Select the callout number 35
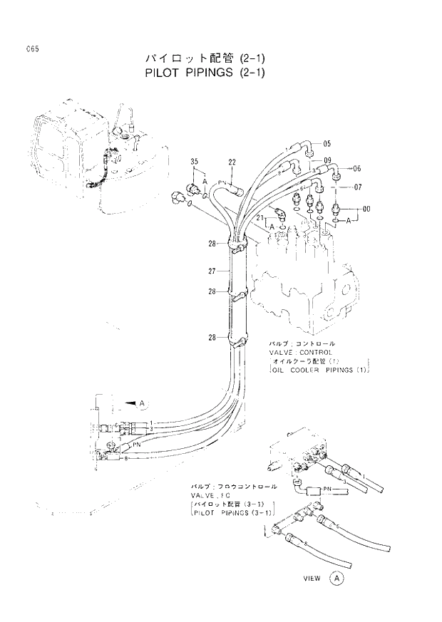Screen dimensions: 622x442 [x=194, y=165]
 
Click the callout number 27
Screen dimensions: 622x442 [x=212, y=271]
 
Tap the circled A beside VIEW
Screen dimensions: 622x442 [x=337, y=579]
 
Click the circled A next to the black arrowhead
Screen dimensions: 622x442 [x=142, y=404]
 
